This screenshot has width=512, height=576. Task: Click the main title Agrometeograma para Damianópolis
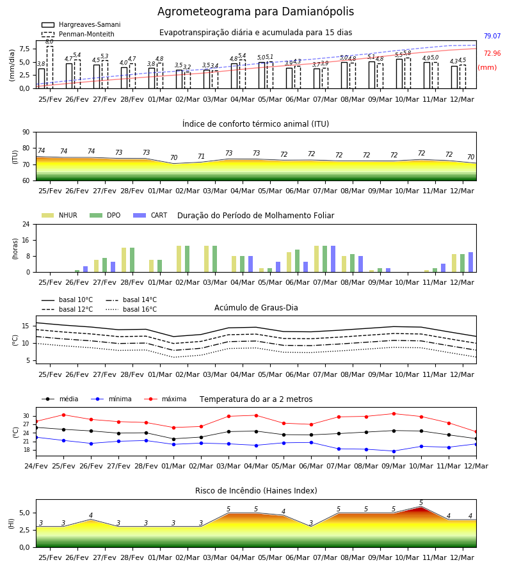[255, 12]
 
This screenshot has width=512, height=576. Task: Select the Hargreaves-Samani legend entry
[81, 24]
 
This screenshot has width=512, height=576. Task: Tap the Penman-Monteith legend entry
[78, 34]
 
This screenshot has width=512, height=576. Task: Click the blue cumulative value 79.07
[492, 36]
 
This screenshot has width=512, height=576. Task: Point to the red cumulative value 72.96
[492, 53]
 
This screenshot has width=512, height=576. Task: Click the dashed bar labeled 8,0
[49, 67]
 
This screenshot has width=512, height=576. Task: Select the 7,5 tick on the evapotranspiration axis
[24, 49]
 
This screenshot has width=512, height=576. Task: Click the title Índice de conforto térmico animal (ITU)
[255, 124]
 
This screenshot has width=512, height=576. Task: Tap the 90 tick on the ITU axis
[26, 132]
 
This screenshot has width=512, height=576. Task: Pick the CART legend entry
[150, 215]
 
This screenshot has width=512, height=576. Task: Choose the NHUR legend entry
[60, 215]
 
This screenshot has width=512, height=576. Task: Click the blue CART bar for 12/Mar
[470, 262]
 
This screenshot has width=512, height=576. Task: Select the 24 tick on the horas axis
[26, 224]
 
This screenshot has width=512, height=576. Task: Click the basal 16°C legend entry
[131, 309]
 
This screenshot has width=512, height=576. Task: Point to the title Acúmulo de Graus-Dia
[256, 307]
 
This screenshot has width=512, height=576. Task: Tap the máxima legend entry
[165, 399]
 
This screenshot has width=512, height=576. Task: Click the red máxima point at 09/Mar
[394, 413]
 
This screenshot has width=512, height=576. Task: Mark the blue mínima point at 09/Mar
[394, 451]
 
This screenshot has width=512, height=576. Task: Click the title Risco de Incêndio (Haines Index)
[256, 491]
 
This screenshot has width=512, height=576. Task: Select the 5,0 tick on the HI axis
[24, 513]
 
